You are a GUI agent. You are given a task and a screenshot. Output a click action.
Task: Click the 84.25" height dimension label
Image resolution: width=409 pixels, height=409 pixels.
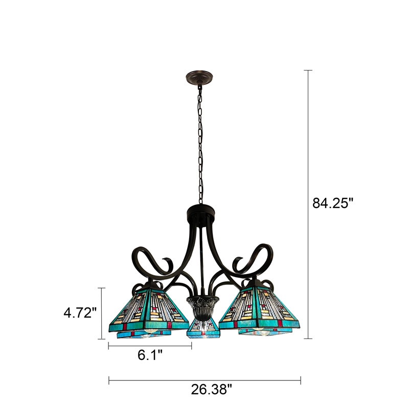pyautogui.click(x=333, y=203)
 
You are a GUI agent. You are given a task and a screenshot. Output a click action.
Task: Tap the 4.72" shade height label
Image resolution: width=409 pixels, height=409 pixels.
pyautogui.click(x=80, y=312)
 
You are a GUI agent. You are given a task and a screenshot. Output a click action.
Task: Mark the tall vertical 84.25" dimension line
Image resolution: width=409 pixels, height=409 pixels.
pyautogui.click(x=309, y=153)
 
